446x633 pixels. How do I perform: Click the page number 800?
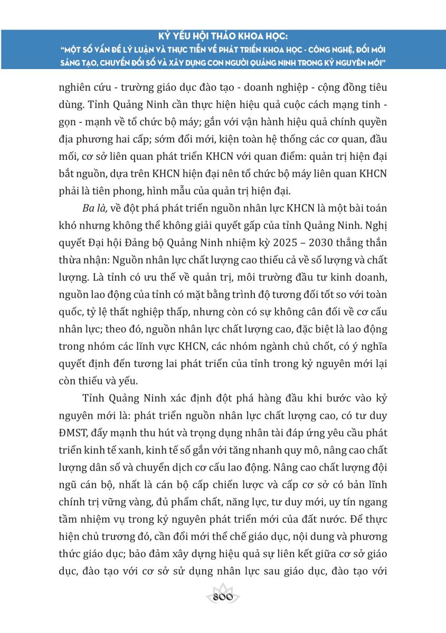[x=223, y=597]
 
